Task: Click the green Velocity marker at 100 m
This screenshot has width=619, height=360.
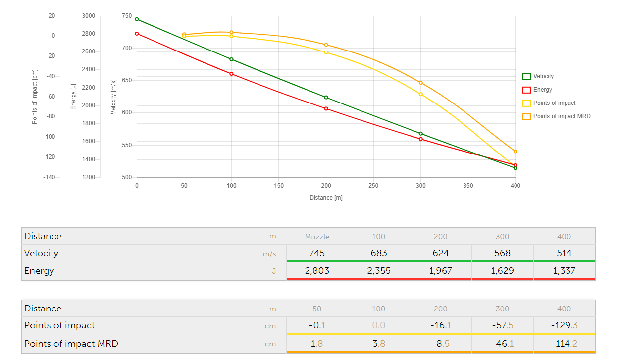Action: click(231, 59)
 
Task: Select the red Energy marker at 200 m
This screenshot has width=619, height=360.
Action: click(326, 108)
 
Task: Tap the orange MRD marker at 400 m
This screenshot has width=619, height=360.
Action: click(516, 152)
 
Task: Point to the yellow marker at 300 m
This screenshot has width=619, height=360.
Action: click(421, 94)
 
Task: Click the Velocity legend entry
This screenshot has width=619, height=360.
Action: click(538, 77)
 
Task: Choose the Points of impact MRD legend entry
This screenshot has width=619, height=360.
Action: click(556, 117)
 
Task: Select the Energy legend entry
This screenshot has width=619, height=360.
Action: click(537, 90)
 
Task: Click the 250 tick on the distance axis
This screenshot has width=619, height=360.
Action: click(373, 186)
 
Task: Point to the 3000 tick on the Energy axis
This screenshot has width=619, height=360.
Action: click(89, 16)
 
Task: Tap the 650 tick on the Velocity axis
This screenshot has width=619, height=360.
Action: click(127, 80)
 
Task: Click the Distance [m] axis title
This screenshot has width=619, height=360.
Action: click(326, 198)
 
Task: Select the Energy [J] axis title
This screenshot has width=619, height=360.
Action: click(73, 97)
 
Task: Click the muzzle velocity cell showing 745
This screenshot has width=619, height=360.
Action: click(317, 253)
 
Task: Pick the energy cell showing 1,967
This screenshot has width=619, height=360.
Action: click(440, 271)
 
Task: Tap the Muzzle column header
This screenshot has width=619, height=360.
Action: click(317, 237)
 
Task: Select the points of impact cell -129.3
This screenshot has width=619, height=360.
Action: click(564, 325)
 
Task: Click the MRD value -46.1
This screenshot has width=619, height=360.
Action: click(502, 343)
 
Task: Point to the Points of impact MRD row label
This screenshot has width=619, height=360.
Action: click(71, 343)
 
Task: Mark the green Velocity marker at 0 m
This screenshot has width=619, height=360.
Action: click(137, 19)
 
